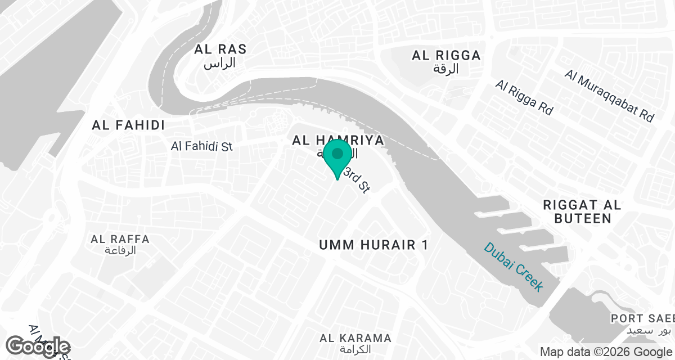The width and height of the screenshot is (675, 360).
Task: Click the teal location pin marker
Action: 337,157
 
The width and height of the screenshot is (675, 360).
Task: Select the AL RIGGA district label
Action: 446,55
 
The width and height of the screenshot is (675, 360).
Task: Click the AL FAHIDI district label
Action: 128,125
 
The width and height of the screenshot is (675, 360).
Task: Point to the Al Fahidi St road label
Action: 201,146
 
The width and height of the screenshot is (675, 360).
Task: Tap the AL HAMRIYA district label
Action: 337,140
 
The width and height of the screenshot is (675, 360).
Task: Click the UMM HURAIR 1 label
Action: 373,245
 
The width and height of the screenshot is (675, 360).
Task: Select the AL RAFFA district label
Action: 120,239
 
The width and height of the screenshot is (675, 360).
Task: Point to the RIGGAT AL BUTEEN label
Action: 582,211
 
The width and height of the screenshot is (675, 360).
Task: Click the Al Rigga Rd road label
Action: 524,97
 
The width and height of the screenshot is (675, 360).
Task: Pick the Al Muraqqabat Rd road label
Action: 610,96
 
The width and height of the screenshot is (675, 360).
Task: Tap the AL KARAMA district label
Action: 355,338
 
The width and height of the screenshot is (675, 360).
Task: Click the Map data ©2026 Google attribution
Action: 606,352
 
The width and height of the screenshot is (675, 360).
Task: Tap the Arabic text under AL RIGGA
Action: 446,69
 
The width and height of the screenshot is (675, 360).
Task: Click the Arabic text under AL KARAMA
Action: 355,349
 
